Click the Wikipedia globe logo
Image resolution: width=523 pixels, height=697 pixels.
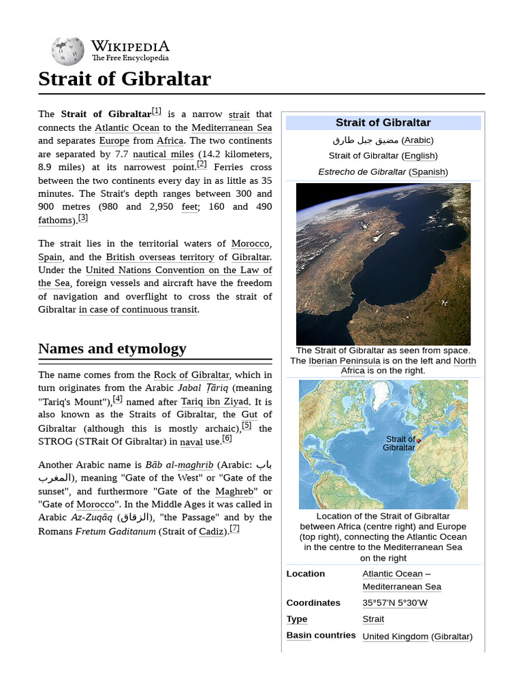coord(67,51)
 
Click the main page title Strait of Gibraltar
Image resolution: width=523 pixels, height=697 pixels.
coord(125,79)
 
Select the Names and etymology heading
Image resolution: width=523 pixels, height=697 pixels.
coord(112,348)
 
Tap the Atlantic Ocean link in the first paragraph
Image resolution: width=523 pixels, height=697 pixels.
coord(127,127)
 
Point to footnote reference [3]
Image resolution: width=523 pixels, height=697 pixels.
coord(83,218)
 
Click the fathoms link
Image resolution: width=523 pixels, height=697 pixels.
coord(55,220)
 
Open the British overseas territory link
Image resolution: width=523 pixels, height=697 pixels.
coord(160,257)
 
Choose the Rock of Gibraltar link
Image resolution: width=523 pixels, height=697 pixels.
coord(191,374)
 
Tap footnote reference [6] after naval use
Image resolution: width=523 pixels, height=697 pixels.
coord(227,439)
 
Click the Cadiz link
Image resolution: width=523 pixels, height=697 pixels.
coord(211,531)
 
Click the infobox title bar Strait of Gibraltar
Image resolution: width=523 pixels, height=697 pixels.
coord(383,123)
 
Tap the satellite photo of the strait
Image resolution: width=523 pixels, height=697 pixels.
coord(383,263)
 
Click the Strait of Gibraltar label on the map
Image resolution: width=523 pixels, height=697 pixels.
coord(400,443)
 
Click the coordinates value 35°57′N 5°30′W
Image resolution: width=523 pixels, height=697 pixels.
coord(395,602)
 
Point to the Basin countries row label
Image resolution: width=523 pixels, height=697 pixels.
coord(321,635)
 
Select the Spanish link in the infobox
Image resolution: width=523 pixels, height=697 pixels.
coord(428,172)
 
